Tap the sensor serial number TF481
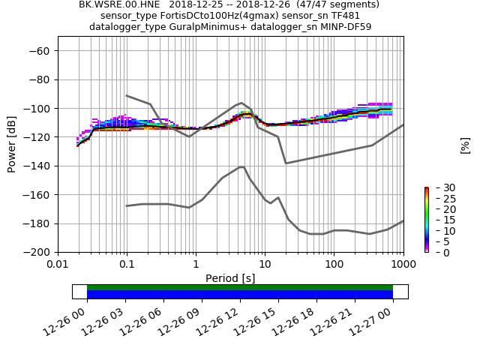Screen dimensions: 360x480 343,16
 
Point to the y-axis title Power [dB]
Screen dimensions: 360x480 12,145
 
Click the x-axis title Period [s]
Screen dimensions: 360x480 230,278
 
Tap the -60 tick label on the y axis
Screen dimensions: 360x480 40,50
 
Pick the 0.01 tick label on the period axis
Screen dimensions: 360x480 58,264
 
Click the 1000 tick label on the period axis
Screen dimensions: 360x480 403,264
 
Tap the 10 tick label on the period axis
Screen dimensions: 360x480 265,264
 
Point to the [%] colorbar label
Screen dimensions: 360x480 465,145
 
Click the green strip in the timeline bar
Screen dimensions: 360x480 240,287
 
